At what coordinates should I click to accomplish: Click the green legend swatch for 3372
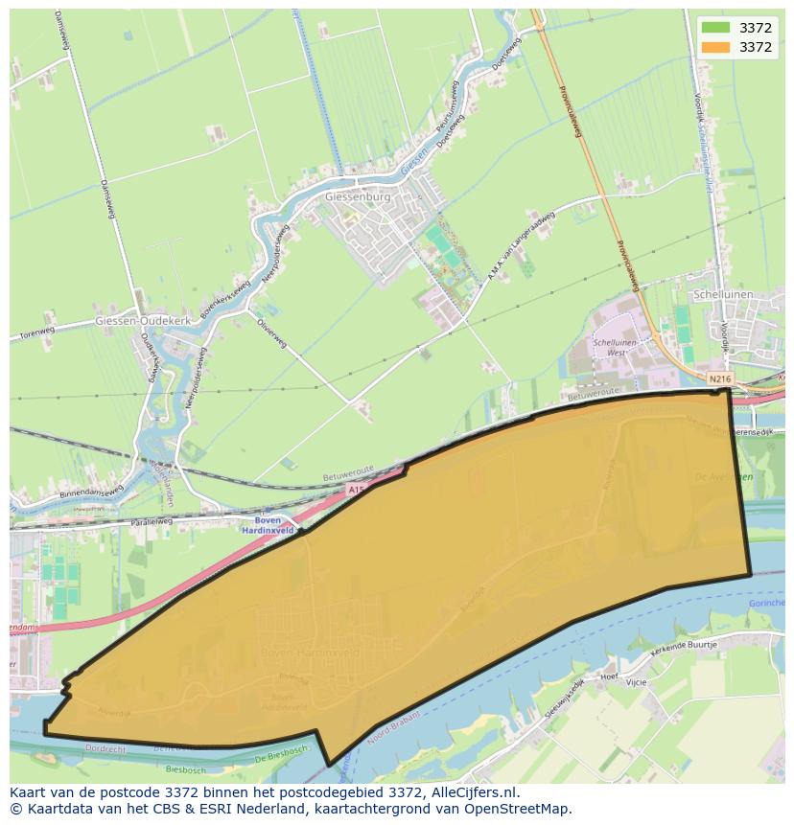coord(714,28)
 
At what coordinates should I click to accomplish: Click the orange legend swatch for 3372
coord(714,47)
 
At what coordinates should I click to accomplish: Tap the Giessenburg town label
coord(359,196)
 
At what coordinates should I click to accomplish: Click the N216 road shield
coord(720,380)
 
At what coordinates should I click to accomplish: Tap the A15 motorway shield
coord(357,489)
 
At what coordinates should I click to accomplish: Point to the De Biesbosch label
coord(280,757)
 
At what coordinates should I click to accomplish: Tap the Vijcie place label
coord(635,682)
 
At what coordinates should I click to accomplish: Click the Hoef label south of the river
coord(608,676)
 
